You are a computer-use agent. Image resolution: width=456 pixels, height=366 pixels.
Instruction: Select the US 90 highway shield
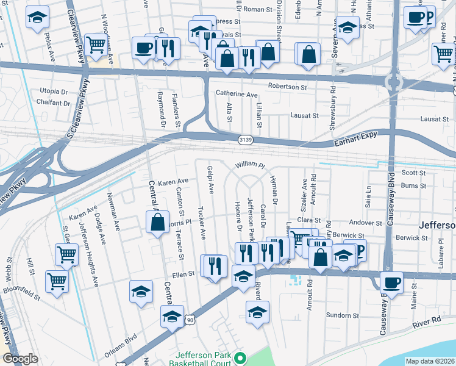point(191,319)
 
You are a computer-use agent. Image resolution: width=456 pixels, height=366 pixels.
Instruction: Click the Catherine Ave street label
point(237,95)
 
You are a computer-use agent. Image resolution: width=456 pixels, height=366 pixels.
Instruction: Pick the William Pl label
point(251,165)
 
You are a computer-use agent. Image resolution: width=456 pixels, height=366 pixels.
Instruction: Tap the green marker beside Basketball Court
point(240,358)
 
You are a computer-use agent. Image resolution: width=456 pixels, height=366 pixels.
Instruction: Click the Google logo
point(20,359)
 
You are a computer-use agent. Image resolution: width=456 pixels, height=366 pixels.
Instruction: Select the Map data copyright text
point(430,361)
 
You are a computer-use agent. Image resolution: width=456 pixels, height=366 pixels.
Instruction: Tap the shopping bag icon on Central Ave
point(157,222)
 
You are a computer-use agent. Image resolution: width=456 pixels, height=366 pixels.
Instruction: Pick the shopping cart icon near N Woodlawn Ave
point(95,45)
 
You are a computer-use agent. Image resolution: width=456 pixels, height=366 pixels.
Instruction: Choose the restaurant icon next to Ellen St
point(215,266)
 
